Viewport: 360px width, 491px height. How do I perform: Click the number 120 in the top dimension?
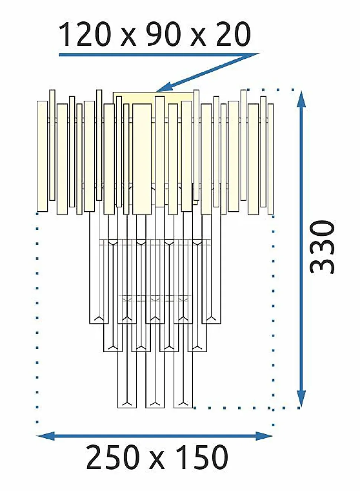click(85, 34)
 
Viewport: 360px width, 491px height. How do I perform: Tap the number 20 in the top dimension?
click(233, 34)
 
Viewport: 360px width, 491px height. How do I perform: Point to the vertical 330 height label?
click(322, 247)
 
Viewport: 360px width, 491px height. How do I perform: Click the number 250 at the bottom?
click(113, 457)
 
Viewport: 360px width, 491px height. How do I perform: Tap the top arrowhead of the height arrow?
click(301, 99)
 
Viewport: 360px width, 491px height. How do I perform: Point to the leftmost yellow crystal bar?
click(42, 156)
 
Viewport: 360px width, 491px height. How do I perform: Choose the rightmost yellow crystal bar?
click(271, 159)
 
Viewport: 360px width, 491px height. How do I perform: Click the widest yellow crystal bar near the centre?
click(142, 159)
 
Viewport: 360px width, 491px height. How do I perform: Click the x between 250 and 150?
click(158, 461)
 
